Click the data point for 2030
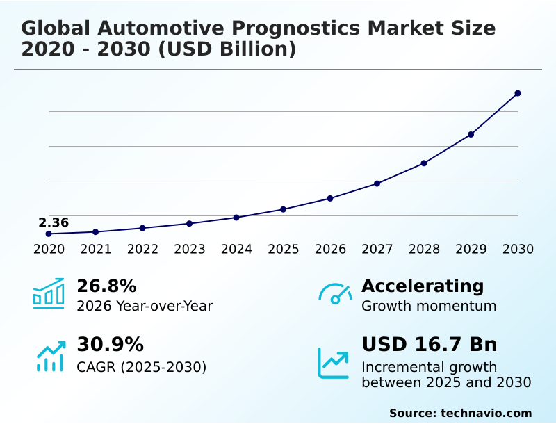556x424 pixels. click(518, 93)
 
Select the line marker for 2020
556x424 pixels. click(49, 234)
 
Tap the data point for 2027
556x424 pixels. click(377, 184)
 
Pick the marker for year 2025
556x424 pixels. click(283, 209)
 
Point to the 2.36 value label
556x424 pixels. click(54, 223)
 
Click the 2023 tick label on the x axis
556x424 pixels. click(189, 250)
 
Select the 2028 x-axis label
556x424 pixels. click(424, 250)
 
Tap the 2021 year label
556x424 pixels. click(95, 250)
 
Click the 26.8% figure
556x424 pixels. click(106, 286)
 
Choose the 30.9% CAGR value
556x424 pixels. click(110, 345)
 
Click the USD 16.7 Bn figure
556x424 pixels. click(429, 345)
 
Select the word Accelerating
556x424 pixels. click(423, 286)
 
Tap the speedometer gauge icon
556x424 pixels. click(335, 294)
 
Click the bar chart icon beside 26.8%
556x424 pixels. click(49, 294)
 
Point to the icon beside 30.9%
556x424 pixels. click(50, 356)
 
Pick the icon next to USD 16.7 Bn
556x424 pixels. click(334, 363)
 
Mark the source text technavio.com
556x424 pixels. click(486, 413)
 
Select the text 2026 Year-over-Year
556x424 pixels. click(145, 307)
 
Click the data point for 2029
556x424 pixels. click(471, 134)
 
